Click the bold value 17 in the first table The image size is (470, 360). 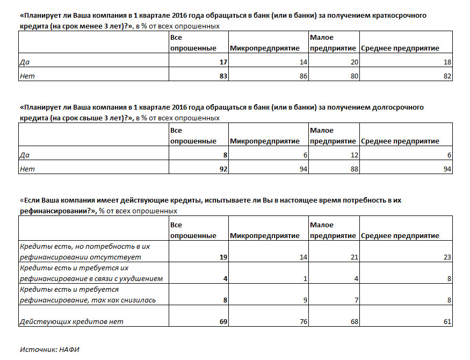point(223,62)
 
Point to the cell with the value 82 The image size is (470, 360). point(447,76)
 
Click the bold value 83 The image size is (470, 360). point(223,76)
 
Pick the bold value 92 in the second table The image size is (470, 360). point(223,169)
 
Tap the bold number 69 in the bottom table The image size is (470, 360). point(223,321)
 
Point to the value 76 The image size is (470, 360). point(303,321)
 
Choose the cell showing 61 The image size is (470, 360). point(447,321)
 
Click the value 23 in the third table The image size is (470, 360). point(447,257)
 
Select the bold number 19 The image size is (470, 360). point(223,257)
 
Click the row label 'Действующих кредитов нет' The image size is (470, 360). point(71,321)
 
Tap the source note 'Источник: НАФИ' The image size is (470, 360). point(49,349)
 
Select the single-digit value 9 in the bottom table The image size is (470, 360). point(305,300)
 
